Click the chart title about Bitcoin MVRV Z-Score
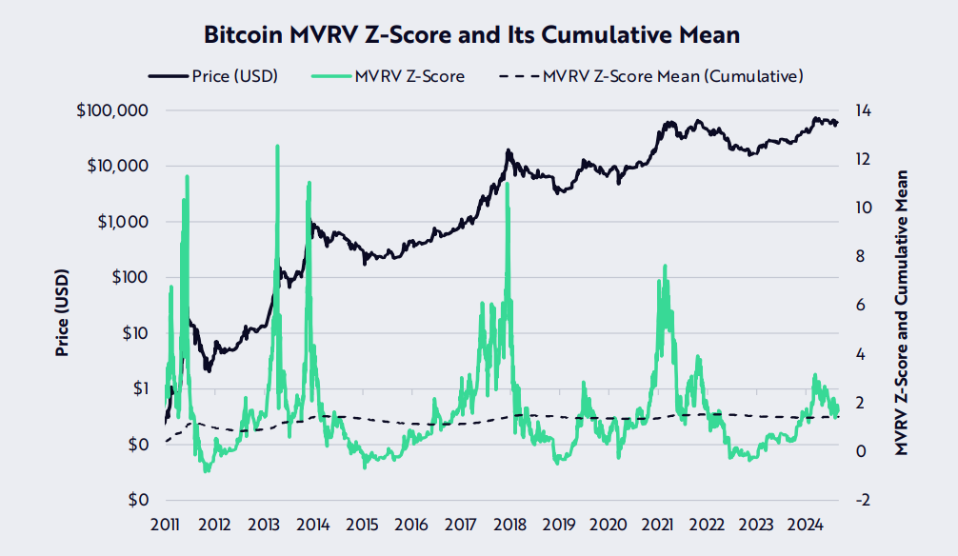tap(472, 35)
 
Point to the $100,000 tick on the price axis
tap(111, 110)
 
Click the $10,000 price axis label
tap(115, 166)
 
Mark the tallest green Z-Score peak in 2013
tap(277, 147)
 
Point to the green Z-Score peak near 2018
tap(506, 183)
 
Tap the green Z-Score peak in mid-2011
tap(187, 176)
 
